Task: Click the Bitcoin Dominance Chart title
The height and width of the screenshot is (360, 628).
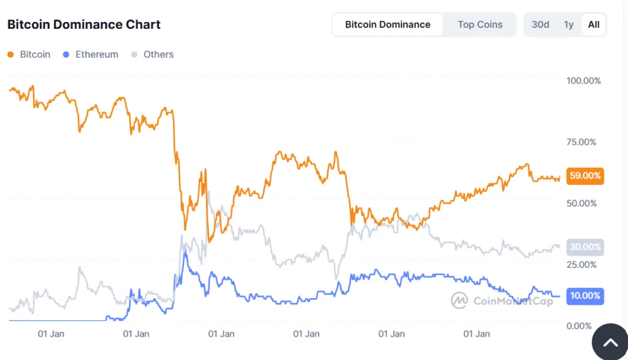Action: tap(84, 25)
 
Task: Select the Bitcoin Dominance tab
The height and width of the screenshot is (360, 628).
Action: tap(388, 25)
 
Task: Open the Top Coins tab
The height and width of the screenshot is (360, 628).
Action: tap(480, 25)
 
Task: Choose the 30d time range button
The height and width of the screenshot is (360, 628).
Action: tap(540, 25)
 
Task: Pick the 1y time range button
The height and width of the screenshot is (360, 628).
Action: tap(569, 25)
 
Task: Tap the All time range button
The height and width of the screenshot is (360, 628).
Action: tap(594, 25)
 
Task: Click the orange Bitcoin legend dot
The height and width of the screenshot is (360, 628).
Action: tap(10, 55)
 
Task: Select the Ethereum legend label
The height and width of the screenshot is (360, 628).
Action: tap(96, 55)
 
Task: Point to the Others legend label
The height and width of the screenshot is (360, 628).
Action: tap(158, 55)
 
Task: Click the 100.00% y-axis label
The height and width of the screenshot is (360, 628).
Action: tap(583, 81)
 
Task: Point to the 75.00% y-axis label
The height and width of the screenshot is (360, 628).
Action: tap(581, 142)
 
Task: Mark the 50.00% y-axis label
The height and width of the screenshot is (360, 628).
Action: tap(581, 203)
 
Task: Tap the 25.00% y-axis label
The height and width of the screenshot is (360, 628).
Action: tap(581, 264)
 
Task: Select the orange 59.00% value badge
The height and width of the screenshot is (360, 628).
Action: tap(585, 176)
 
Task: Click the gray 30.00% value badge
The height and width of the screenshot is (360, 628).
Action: tap(585, 247)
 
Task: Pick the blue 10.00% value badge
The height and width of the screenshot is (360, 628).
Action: tap(585, 296)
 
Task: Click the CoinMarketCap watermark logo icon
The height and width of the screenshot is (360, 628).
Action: tap(459, 301)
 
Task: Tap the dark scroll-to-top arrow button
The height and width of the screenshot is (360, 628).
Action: tap(610, 342)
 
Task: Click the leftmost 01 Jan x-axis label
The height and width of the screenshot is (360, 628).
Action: tap(51, 334)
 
